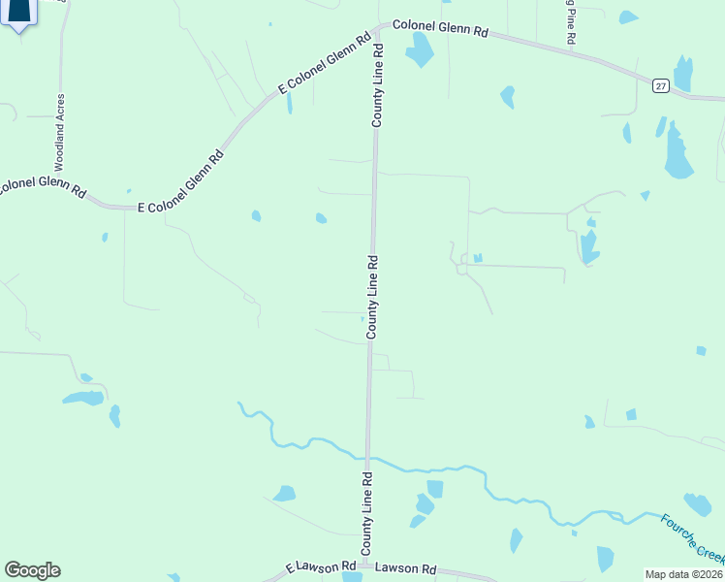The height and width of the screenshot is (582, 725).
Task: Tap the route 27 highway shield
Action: click(x=659, y=86)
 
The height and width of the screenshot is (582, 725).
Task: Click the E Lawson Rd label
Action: click(x=316, y=566)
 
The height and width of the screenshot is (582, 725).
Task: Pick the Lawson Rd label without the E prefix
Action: click(x=405, y=569)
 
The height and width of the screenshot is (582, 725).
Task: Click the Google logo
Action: click(x=32, y=569)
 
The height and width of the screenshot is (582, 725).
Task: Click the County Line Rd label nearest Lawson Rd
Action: click(x=367, y=514)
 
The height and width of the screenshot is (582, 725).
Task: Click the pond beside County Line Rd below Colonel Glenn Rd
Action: click(x=419, y=49)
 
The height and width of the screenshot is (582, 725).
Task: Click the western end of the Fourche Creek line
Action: click(x=239, y=403)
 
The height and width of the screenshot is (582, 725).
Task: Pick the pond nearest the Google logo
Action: click(x=83, y=397)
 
